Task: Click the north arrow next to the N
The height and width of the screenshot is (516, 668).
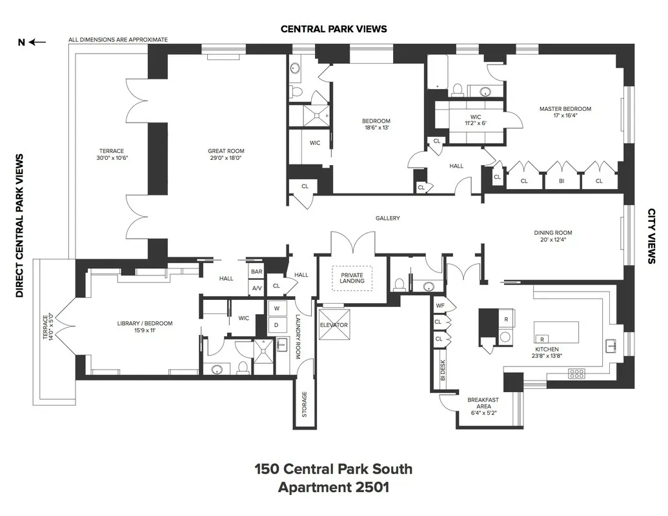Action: click(x=38, y=43)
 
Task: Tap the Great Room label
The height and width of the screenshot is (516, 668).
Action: click(x=226, y=152)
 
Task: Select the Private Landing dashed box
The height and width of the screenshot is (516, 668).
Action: click(x=352, y=277)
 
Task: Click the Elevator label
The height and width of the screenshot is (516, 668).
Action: click(x=334, y=325)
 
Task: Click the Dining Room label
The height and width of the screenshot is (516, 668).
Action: click(x=552, y=233)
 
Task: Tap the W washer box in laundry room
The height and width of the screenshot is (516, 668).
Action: click(x=276, y=308)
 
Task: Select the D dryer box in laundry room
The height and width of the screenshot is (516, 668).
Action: click(x=276, y=324)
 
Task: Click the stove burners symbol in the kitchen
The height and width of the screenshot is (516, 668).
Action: click(x=576, y=373)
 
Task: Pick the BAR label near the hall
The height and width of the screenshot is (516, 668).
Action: click(x=257, y=272)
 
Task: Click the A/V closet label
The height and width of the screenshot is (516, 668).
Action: click(x=257, y=288)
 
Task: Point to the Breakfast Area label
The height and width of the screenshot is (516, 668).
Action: click(x=483, y=403)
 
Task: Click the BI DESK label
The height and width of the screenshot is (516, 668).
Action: click(x=443, y=371)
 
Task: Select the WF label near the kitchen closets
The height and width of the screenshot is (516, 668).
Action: click(x=440, y=306)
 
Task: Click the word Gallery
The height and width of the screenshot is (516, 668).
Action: click(x=388, y=218)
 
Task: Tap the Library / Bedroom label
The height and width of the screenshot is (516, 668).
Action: click(x=145, y=323)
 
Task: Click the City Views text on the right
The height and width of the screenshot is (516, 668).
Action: click(x=651, y=235)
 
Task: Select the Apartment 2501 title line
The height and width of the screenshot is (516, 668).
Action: click(x=333, y=487)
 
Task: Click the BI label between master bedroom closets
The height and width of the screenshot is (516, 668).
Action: click(x=562, y=181)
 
